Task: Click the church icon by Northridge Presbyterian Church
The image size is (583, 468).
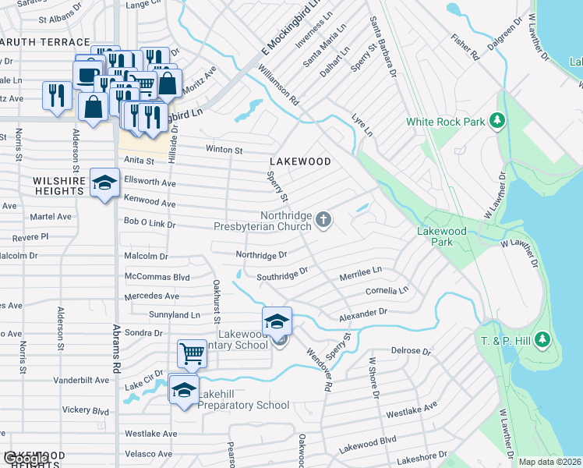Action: click(x=324, y=222)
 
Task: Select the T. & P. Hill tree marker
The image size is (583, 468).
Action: click(x=542, y=340)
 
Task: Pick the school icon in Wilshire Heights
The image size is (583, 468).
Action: click(x=104, y=183)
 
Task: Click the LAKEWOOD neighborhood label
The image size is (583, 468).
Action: click(x=299, y=161)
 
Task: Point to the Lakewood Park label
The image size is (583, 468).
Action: click(x=441, y=236)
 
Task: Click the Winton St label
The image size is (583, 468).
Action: click(x=224, y=150)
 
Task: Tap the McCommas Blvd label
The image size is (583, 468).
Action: click(x=157, y=277)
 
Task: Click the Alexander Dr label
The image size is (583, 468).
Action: click(x=362, y=314)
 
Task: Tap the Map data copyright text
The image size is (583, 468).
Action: click(x=549, y=462)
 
